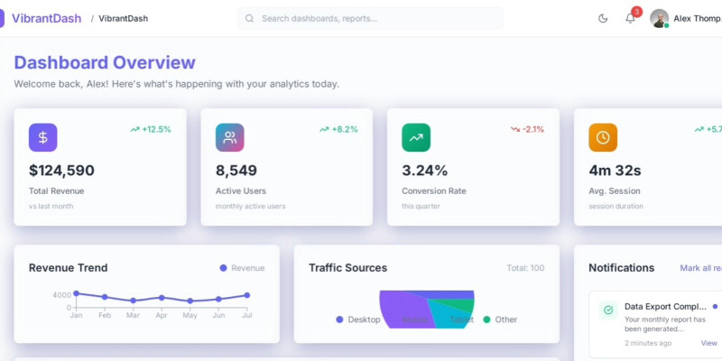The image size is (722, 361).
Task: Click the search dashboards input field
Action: (370, 18)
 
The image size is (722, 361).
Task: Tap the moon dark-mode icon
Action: (603, 18)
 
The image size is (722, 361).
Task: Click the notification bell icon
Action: (630, 18)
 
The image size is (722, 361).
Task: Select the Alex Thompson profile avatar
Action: (659, 18)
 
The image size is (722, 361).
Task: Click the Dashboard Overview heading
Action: (105, 62)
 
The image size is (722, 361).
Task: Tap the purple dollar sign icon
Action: (43, 137)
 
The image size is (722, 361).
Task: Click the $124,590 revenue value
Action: (61, 170)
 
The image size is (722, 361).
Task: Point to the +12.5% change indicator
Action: (151, 129)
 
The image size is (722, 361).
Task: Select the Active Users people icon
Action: (230, 137)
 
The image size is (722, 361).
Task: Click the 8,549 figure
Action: (236, 170)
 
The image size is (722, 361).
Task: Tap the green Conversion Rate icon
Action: (416, 137)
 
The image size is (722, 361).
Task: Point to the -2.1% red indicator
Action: (527, 129)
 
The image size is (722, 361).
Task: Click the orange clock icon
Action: (603, 137)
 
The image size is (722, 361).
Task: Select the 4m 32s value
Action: (615, 170)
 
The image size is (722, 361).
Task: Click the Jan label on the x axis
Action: (76, 315)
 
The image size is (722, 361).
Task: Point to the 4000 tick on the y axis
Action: (61, 295)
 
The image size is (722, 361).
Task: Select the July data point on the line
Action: (246, 295)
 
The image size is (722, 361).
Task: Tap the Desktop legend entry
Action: (358, 319)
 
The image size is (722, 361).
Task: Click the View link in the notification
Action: (708, 343)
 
